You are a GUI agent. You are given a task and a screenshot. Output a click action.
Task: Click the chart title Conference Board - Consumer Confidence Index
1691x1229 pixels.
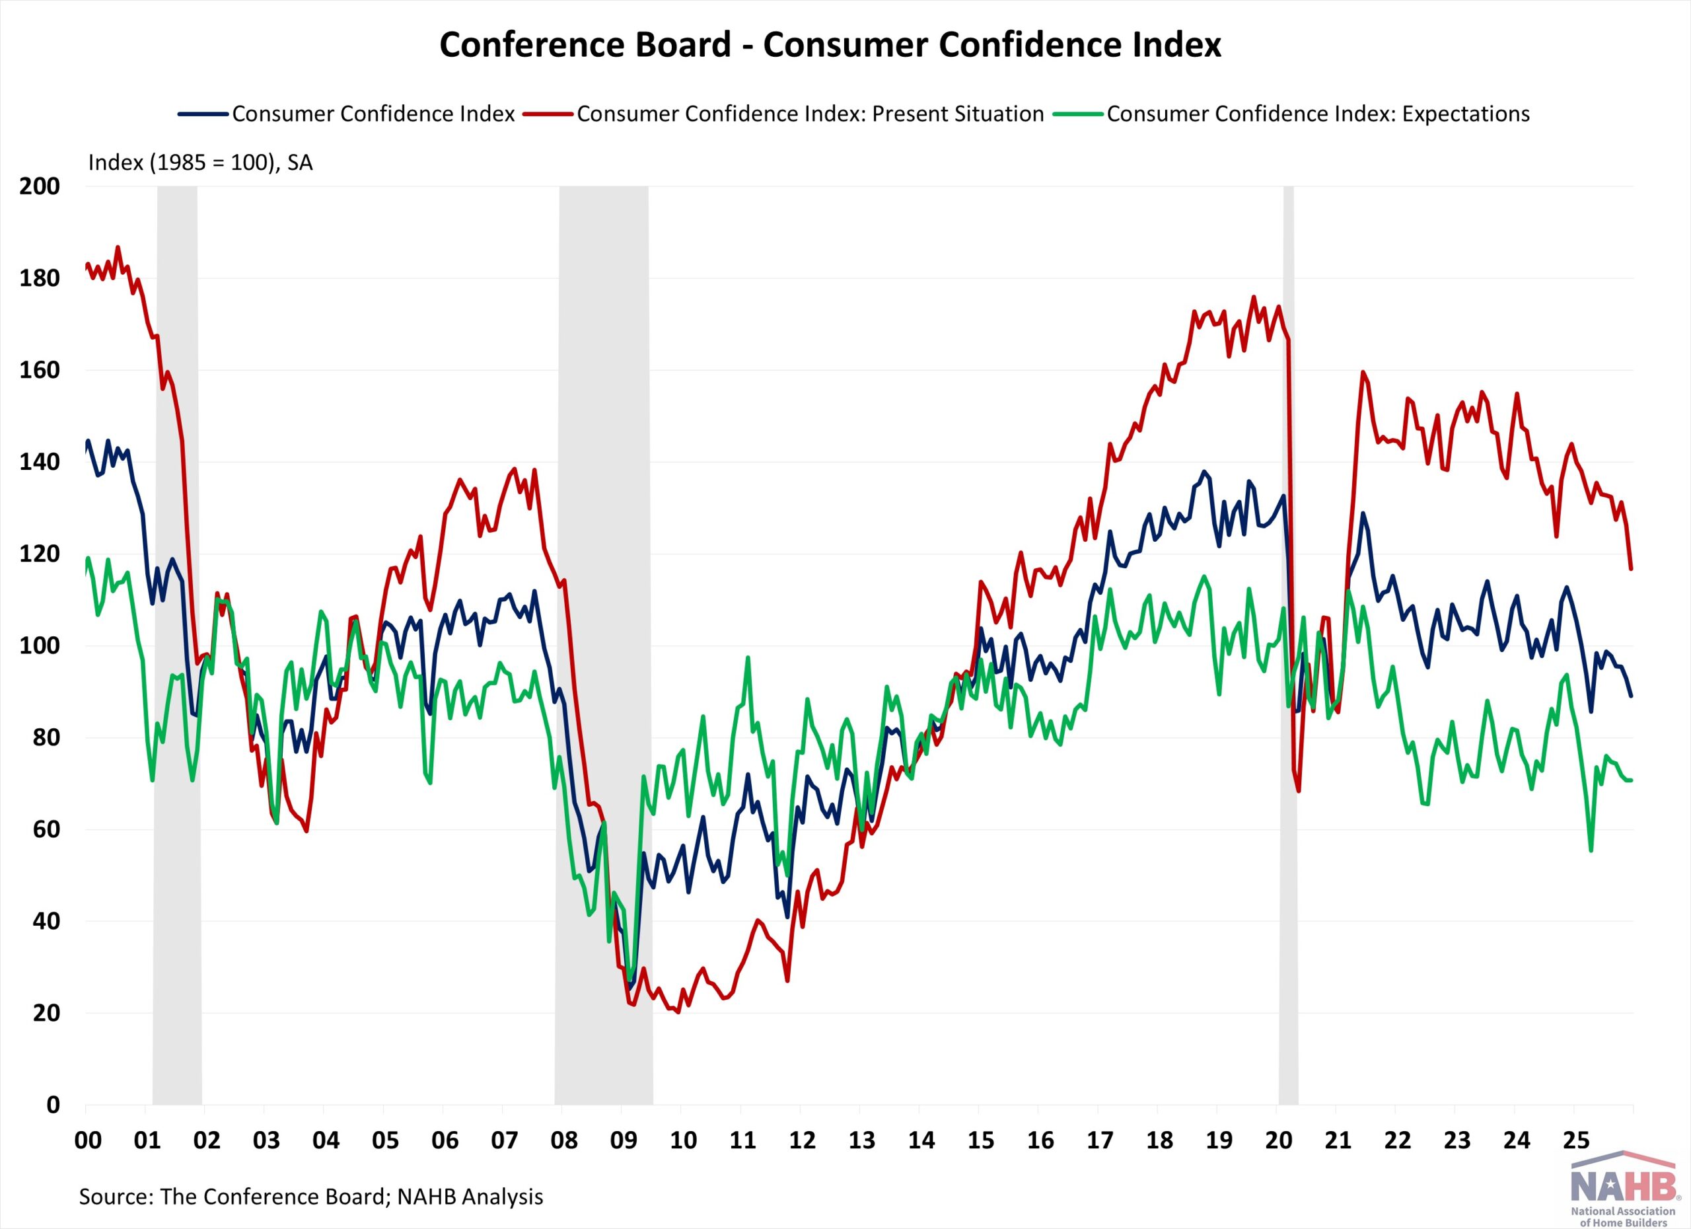tap(830, 45)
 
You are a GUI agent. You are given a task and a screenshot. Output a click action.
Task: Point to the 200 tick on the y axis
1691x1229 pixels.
tap(40, 186)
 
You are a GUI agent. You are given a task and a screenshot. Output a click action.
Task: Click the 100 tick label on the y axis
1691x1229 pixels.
tap(40, 646)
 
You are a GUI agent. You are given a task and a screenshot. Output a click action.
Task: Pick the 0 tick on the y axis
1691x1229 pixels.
tap(52, 1105)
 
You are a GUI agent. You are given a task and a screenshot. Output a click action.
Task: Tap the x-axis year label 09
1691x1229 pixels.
tap(624, 1141)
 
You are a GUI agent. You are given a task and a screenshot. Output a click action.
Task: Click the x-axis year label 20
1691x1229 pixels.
tap(1279, 1141)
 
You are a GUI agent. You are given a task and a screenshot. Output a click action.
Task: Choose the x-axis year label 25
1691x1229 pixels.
tap(1576, 1141)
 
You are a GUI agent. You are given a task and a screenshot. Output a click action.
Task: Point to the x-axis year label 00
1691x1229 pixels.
tap(88, 1141)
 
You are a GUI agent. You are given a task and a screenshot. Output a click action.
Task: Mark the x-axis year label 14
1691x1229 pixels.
tap(921, 1141)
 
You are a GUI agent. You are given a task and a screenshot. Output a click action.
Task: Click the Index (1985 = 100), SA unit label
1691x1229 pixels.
tap(200, 163)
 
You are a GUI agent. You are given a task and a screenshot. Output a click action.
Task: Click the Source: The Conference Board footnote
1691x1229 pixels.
tap(311, 1196)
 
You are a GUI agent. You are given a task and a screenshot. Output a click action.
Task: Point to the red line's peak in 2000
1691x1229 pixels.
tap(118, 248)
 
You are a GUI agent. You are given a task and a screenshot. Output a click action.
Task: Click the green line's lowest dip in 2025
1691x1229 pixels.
tap(1591, 850)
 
